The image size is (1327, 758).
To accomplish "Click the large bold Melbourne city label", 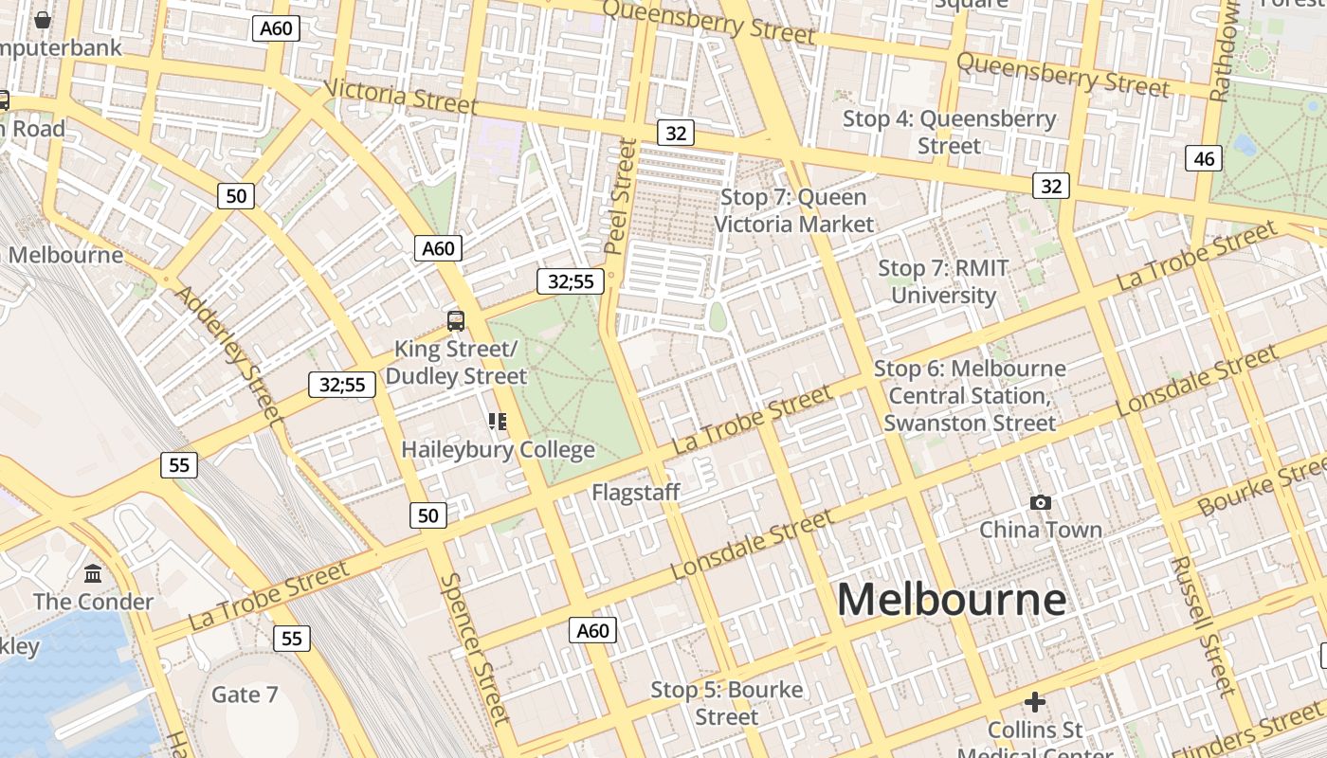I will (x=951, y=600).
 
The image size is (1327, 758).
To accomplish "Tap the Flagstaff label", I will (x=636, y=493).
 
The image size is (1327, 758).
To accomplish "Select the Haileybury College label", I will (x=498, y=449).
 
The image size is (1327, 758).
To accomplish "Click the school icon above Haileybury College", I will (x=498, y=422).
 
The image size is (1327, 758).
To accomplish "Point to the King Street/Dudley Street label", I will (x=456, y=363).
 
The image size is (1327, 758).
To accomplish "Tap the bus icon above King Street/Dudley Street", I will (x=456, y=320).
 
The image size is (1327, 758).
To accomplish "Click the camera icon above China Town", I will (x=1040, y=502).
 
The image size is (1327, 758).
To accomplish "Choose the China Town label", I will (x=1040, y=529).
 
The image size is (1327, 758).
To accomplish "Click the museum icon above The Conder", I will (x=93, y=573).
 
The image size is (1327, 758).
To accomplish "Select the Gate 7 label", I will (x=245, y=695).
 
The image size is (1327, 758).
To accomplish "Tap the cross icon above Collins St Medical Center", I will (x=1034, y=702).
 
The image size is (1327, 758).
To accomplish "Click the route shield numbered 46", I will (x=1204, y=158).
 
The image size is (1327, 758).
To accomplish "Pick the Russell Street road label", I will (x=1203, y=625).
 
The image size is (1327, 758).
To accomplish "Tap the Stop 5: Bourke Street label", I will (x=726, y=703).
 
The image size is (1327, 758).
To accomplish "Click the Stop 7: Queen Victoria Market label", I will (x=793, y=210).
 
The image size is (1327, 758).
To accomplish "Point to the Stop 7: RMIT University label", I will (x=943, y=281).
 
